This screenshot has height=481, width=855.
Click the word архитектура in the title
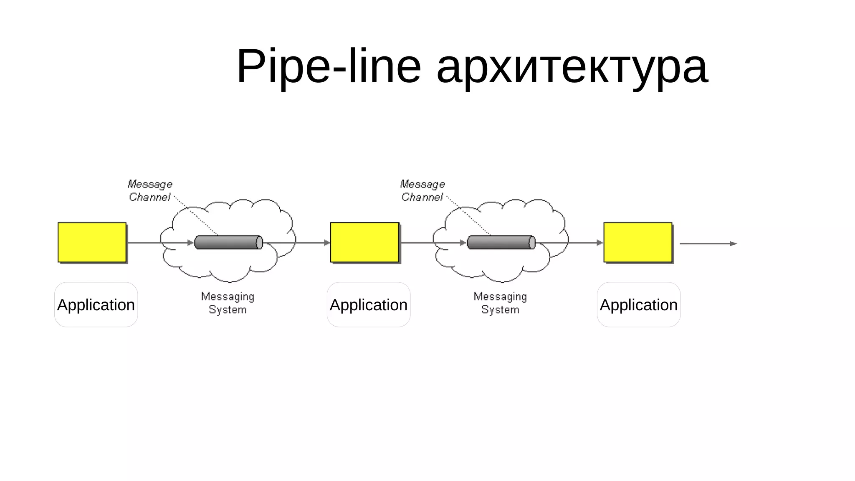coord(572,67)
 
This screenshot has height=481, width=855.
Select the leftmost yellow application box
coord(92,242)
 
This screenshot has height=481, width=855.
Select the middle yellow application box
coord(364,242)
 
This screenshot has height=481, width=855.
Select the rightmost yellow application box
coord(638,242)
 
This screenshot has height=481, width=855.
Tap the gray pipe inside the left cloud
coord(228,243)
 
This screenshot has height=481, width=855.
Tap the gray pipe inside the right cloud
coord(501,243)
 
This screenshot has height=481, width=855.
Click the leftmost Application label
coord(96,305)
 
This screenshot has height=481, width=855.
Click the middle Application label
coord(369,305)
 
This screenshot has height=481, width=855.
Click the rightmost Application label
coord(639,305)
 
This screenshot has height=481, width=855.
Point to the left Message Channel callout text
coord(150,190)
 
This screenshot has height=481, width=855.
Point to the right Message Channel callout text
coord(422,190)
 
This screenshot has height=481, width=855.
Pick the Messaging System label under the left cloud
coord(228,303)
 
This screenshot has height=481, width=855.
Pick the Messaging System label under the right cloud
coord(500,303)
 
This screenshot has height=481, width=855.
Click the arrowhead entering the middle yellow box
coord(327,243)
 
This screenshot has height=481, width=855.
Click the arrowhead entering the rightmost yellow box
coord(600,243)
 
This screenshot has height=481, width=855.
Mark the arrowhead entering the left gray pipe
coord(191,243)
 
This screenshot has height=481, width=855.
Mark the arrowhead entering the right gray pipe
coord(463,243)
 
